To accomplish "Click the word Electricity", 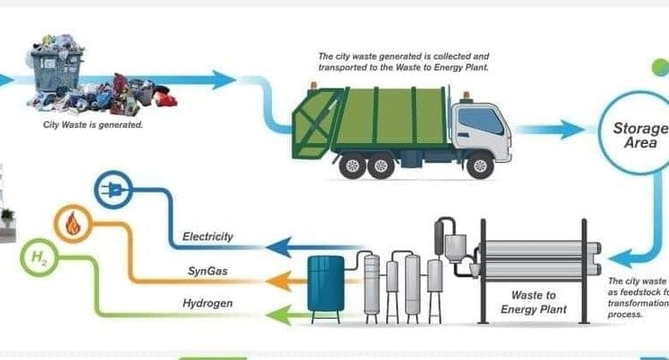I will (208, 237).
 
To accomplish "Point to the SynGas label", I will (208, 271).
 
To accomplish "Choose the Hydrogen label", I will (208, 303).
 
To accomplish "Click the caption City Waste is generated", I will (93, 124).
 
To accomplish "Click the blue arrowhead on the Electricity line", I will (276, 249).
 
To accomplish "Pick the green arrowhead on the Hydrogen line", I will (277, 314).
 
